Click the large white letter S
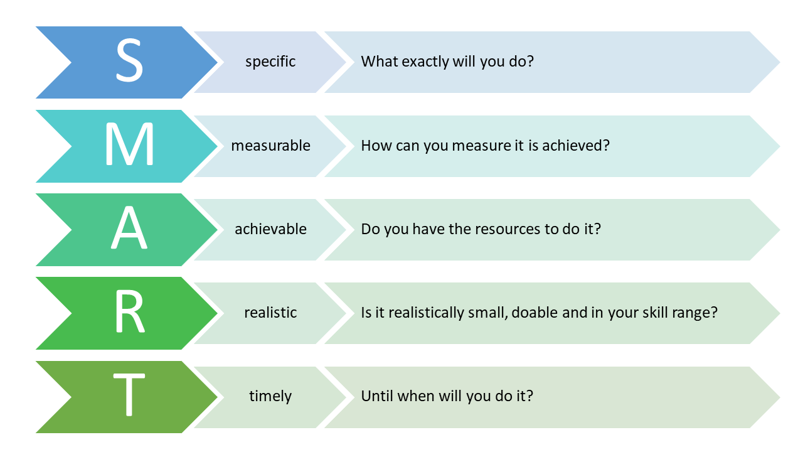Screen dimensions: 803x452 pos(129,60)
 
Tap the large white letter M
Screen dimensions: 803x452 pos(129,144)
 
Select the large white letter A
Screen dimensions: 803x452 pos(129,227)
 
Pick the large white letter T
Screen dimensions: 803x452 pos(129,395)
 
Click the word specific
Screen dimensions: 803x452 pos(270,62)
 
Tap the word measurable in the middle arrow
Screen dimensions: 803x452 pos(270,146)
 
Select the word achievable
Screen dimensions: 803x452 pos(270,229)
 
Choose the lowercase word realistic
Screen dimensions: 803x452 pos(270,313)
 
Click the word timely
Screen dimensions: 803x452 pos(270,397)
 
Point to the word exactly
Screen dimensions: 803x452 pos(425,62)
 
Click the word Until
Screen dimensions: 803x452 pos(377,396)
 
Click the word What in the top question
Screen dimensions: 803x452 pos(380,62)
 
